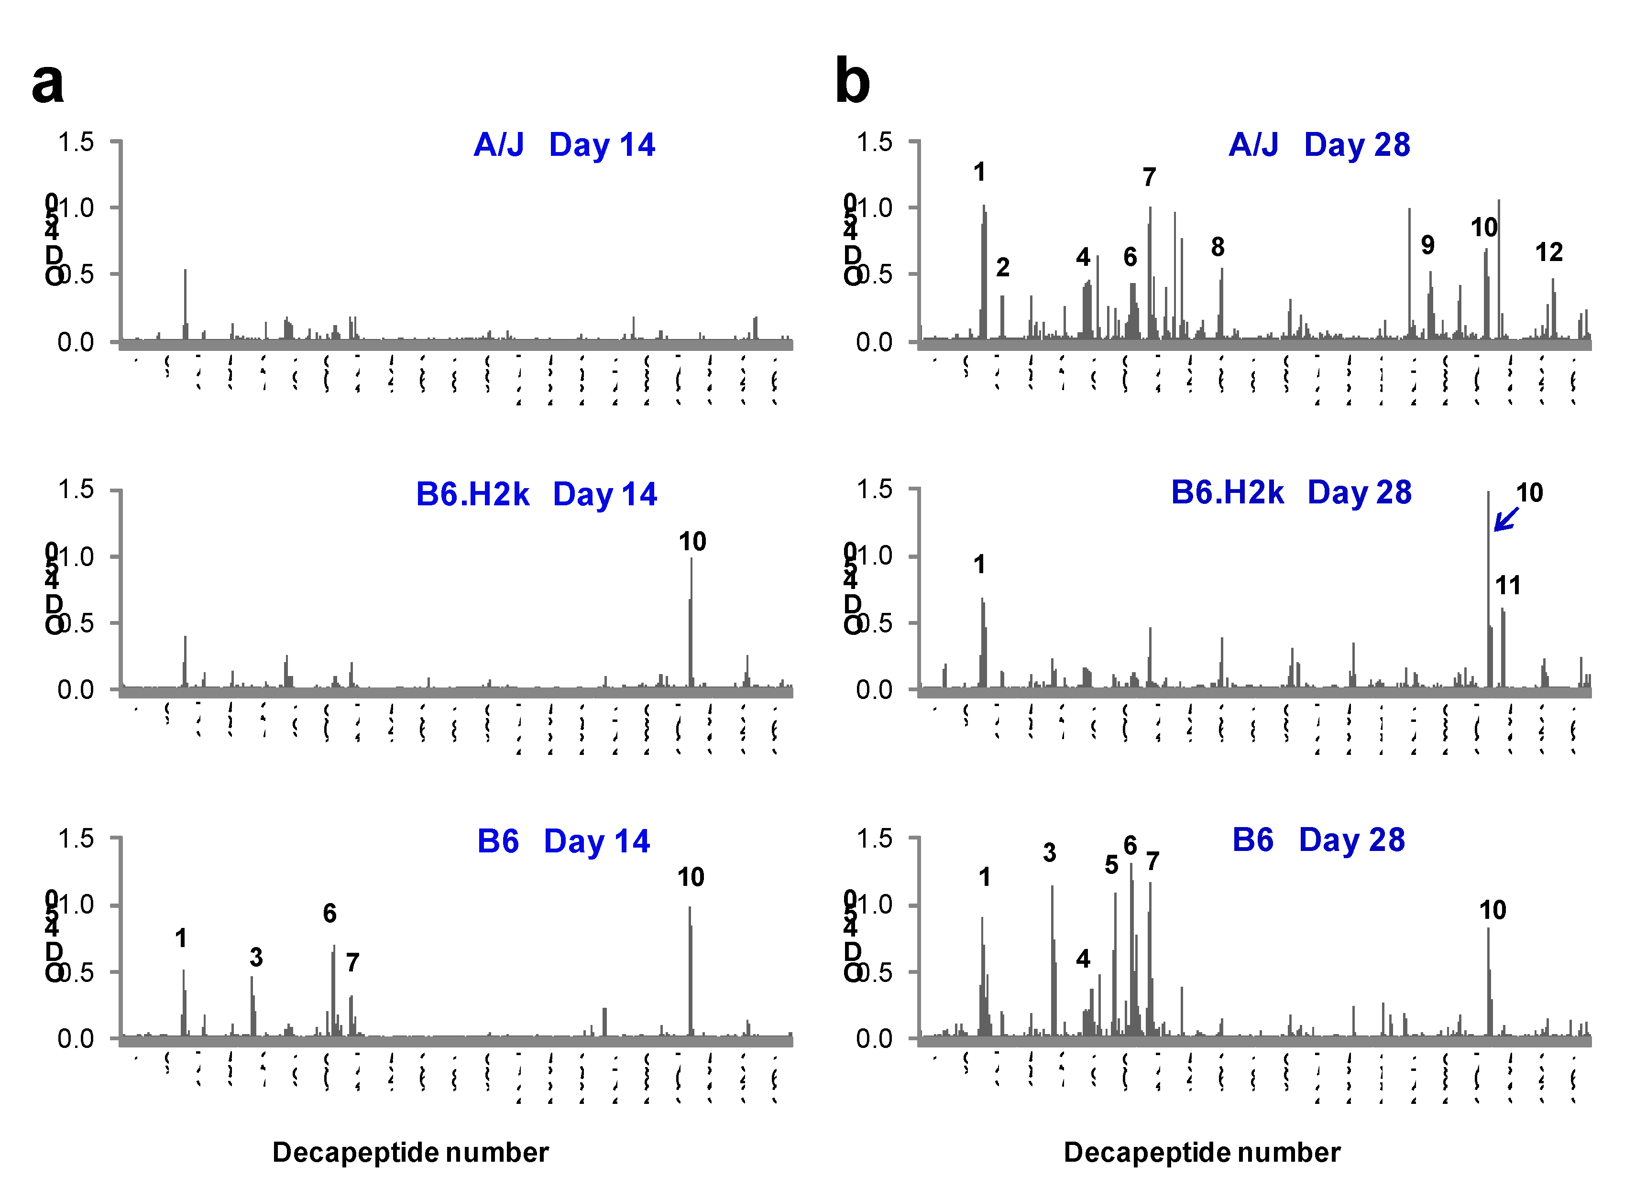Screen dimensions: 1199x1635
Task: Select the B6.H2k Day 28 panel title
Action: (x=1291, y=493)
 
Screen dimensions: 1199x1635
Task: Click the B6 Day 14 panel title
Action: (x=563, y=841)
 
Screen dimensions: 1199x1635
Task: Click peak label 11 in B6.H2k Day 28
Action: (x=1507, y=585)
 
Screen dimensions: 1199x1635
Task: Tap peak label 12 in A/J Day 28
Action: (x=1548, y=252)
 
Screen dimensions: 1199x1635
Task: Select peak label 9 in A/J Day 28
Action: (x=1427, y=245)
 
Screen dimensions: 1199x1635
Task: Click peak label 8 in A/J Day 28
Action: (x=1218, y=248)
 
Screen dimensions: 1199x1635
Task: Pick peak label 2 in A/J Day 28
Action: (x=1003, y=268)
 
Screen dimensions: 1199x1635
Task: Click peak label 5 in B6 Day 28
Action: (x=1111, y=865)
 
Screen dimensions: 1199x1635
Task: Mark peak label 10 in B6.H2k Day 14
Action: (x=692, y=542)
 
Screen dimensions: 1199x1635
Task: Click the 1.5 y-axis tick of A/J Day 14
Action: (x=76, y=142)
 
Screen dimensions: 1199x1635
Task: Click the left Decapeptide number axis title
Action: (x=410, y=1153)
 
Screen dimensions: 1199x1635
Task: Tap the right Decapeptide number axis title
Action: (x=1202, y=1153)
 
